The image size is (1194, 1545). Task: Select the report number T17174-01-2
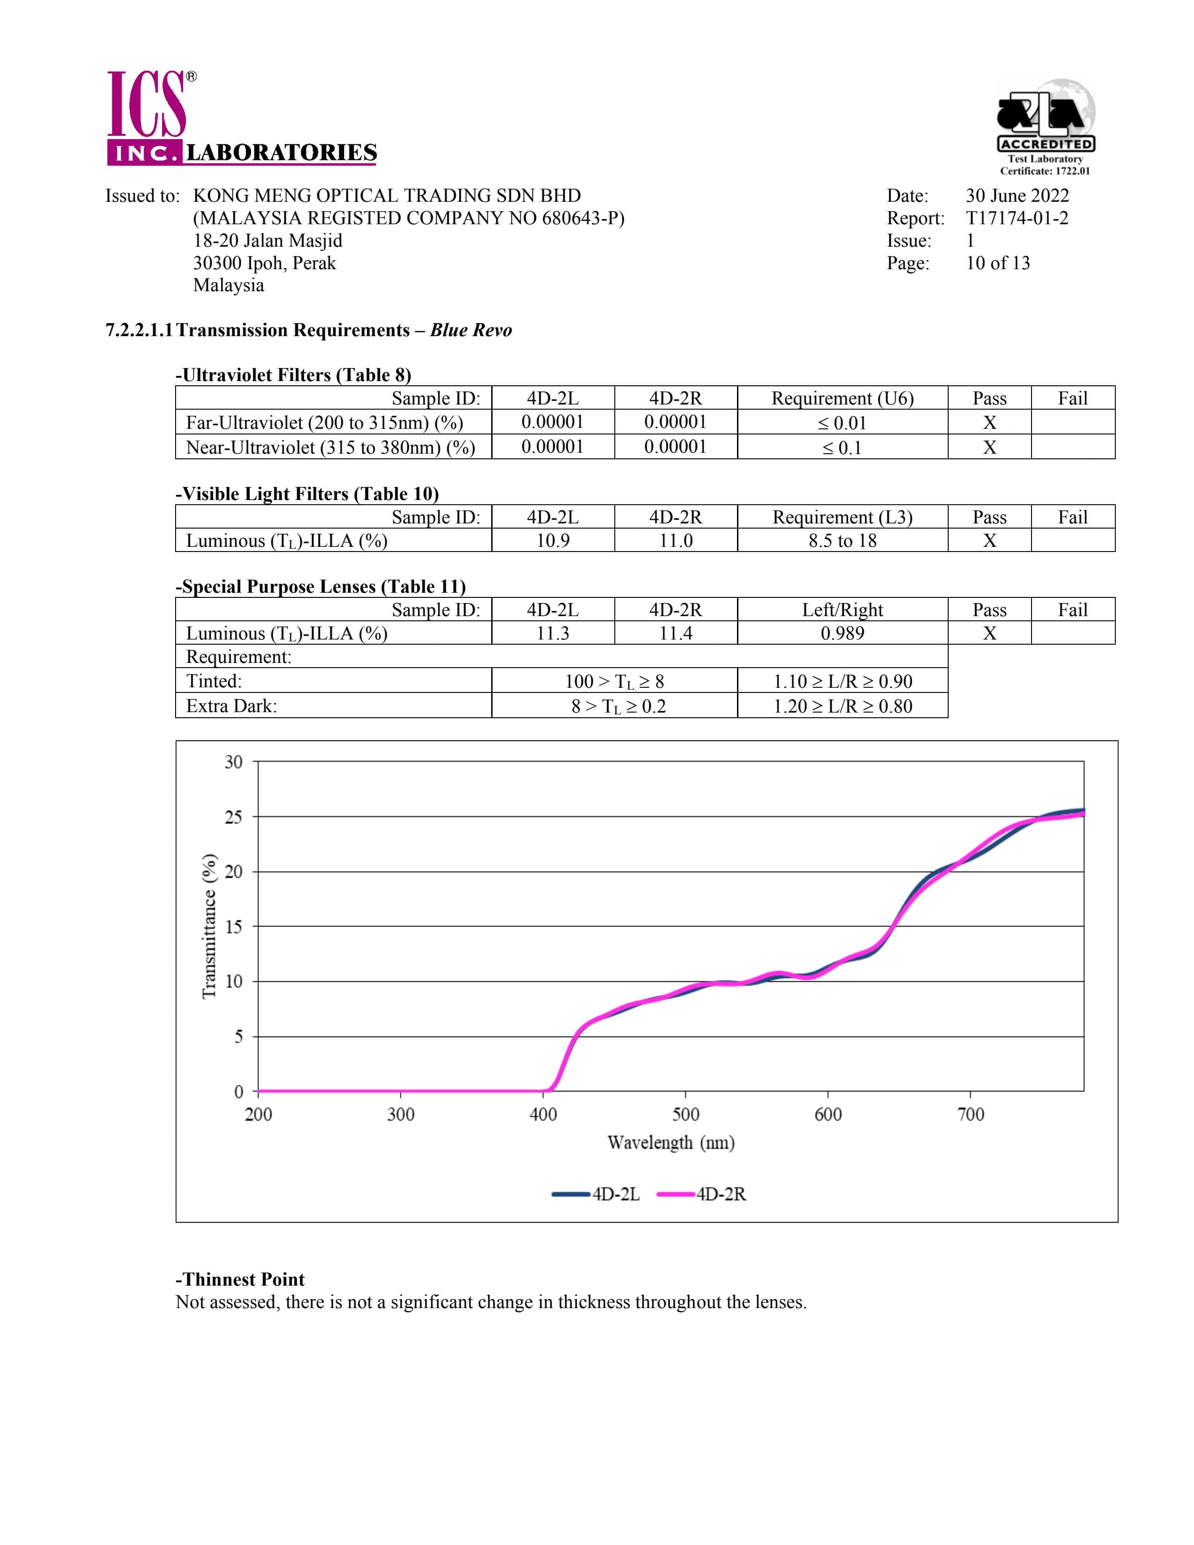pyautogui.click(x=1017, y=218)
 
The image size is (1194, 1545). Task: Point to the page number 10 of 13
pyautogui.click(x=997, y=263)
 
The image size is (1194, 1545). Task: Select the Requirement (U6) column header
pyautogui.click(x=842, y=398)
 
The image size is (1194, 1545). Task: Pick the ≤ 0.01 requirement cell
pyautogui.click(x=842, y=423)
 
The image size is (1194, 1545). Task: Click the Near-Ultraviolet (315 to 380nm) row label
pyautogui.click(x=330, y=447)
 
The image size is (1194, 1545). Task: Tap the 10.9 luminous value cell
pyautogui.click(x=553, y=540)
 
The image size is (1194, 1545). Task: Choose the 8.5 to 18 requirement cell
pyautogui.click(x=842, y=540)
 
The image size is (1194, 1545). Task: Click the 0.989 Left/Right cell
pyautogui.click(x=842, y=633)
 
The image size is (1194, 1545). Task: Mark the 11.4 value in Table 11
pyautogui.click(x=676, y=633)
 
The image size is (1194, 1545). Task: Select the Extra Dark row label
pyautogui.click(x=231, y=706)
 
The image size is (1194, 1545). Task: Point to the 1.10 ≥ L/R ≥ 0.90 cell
pyautogui.click(x=842, y=681)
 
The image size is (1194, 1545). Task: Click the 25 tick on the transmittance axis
pyautogui.click(x=234, y=817)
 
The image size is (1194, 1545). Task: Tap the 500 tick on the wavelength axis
pyautogui.click(x=685, y=1115)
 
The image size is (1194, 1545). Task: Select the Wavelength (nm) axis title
pyautogui.click(x=671, y=1142)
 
